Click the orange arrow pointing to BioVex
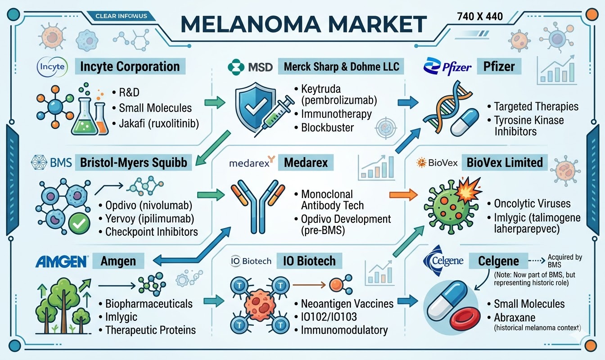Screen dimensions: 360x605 tap(402, 195)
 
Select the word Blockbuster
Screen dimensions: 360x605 tap(327, 127)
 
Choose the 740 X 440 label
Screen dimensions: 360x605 tap(479, 17)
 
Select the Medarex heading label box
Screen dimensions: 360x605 tap(306, 162)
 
